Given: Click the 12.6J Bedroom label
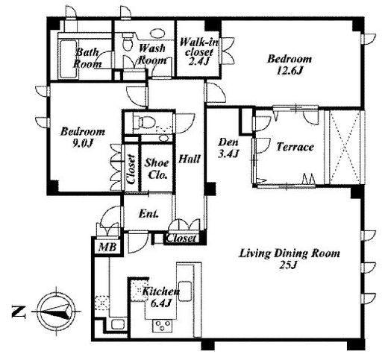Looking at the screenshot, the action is tap(290, 65).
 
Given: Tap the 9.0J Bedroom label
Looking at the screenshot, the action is tap(83, 137).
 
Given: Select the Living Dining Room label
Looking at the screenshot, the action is tap(290, 259).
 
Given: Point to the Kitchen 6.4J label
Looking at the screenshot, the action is tap(160, 297).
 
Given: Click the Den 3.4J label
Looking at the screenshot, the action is tap(228, 148).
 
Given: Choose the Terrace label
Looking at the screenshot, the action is tap(295, 147).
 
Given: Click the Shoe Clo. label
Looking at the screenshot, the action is tap(157, 169).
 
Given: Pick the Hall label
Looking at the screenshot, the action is tap(190, 159).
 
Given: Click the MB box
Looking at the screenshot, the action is tap(107, 247).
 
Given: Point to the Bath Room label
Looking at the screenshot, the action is tap(87, 58).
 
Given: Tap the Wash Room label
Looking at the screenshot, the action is tap(152, 54).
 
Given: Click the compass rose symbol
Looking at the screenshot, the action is tap(57, 311).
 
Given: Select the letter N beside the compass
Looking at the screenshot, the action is tap(19, 312).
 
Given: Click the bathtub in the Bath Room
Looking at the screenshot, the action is tap(68, 59).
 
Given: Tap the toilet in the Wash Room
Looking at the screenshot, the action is tap(128, 42).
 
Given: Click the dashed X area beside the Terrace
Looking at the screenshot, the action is tap(345, 147).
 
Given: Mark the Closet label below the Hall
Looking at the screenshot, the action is tap(181, 239).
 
